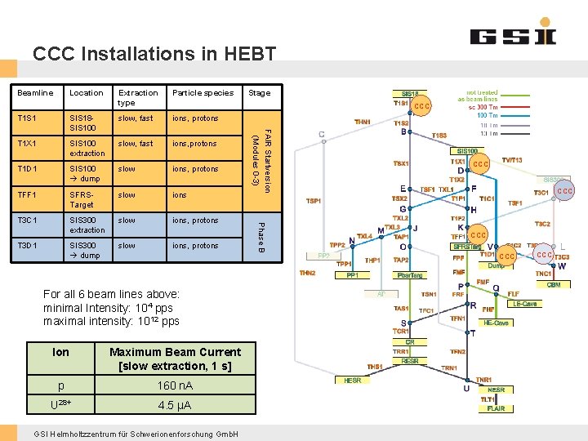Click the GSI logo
click(513, 34)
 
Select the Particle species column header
click(203, 93)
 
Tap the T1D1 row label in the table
click(29, 169)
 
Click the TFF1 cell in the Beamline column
click(29, 195)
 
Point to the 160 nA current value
click(176, 385)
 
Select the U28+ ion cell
click(60, 405)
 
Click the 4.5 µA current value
click(176, 405)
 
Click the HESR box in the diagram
click(352, 380)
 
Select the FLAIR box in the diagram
click(496, 408)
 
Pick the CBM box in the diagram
click(554, 284)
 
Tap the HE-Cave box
click(497, 323)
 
